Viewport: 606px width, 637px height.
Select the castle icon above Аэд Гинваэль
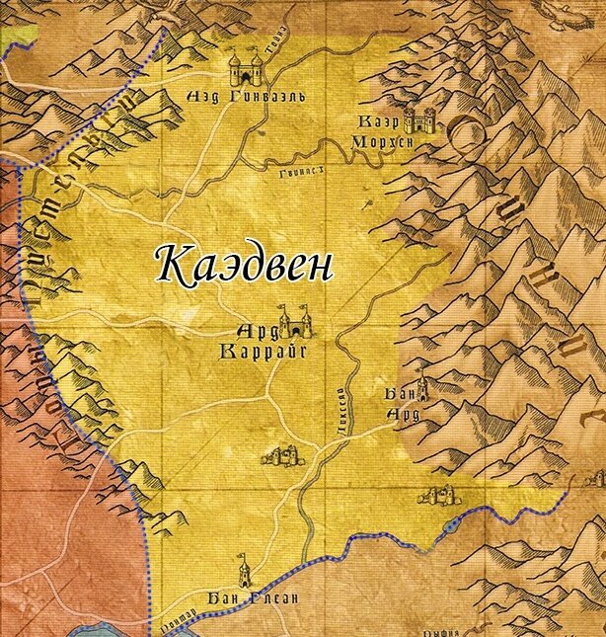tap(246, 67)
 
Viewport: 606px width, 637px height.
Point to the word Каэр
tap(382, 120)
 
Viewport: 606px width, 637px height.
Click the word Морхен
tap(381, 141)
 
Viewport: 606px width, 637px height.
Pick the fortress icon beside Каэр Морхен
tap(426, 120)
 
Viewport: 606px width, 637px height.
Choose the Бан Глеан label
tap(240, 598)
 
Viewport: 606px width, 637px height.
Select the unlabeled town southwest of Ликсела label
tap(282, 454)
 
